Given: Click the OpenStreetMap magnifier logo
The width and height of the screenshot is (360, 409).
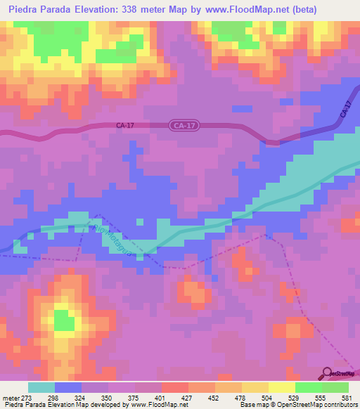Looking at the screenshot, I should [327, 373].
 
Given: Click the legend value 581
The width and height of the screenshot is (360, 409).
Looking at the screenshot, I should [347, 397].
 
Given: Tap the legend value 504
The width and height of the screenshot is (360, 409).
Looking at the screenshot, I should [267, 397].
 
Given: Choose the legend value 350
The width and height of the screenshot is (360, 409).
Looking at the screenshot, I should [107, 397].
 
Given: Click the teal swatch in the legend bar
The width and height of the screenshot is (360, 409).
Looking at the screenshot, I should [41, 387].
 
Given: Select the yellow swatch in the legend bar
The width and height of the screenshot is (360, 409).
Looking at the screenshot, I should [281, 387].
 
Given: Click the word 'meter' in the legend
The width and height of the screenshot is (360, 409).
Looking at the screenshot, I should [10, 397].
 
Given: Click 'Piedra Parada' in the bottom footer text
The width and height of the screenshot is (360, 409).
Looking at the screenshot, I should [22, 405].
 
